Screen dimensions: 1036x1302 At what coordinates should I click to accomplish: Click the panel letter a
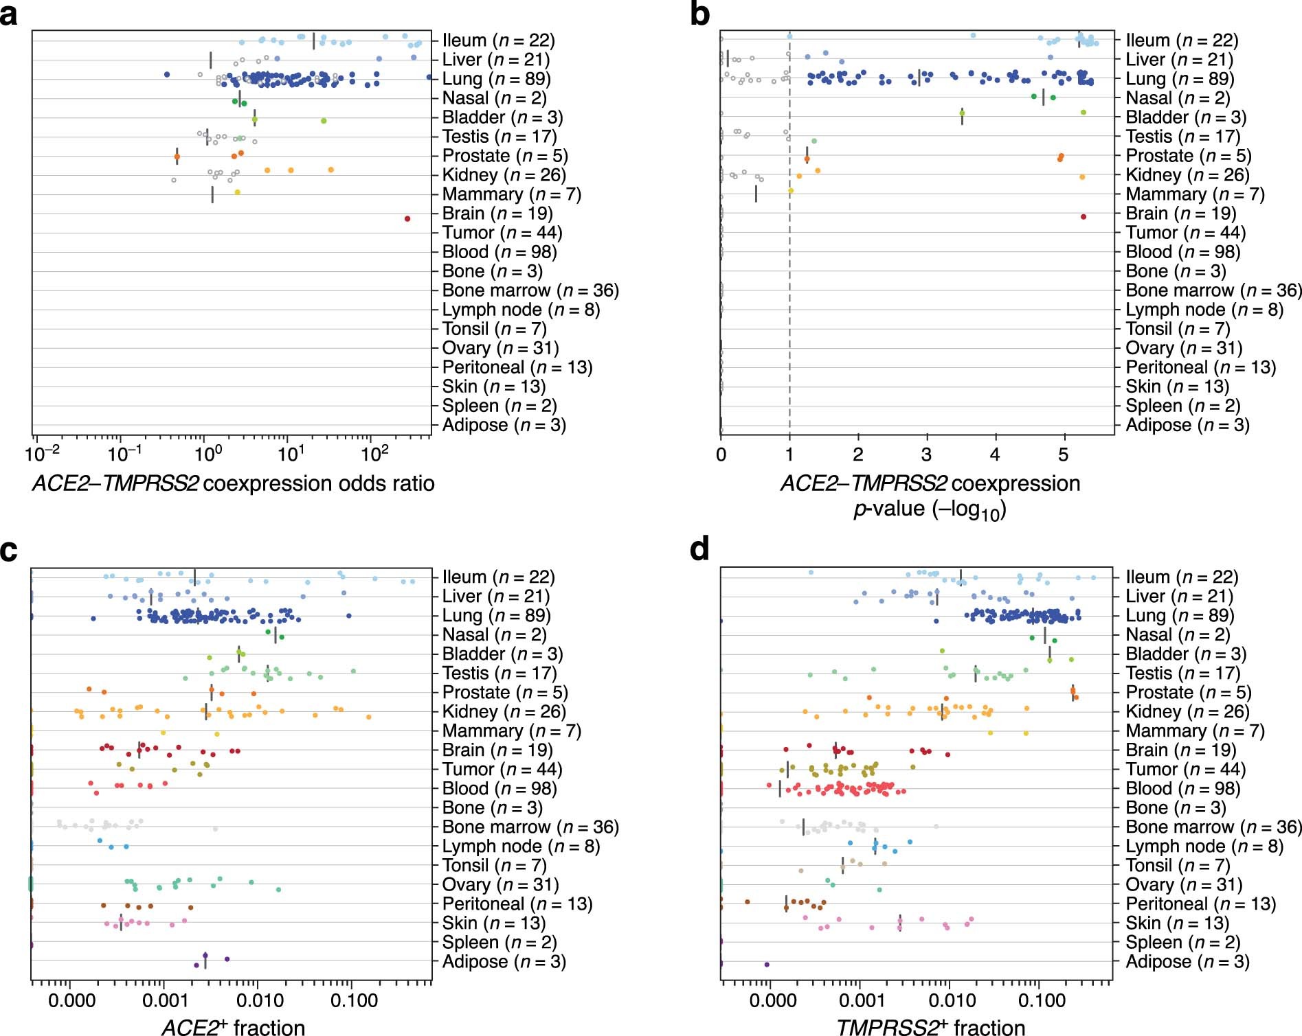pyautogui.click(x=10, y=15)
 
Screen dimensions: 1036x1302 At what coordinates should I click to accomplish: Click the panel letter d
pyautogui.click(x=699, y=550)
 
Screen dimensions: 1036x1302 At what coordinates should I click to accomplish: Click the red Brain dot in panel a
pyautogui.click(x=407, y=219)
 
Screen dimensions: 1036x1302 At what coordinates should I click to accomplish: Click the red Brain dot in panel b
pyautogui.click(x=1084, y=217)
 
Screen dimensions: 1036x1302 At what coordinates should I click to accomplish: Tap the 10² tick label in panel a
pyautogui.click(x=374, y=454)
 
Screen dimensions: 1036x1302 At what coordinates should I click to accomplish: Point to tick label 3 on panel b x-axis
pyautogui.click(x=926, y=454)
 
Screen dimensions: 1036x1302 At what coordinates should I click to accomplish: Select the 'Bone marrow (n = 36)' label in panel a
pyautogui.click(x=530, y=290)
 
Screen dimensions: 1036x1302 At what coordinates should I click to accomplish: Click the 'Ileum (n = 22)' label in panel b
pyautogui.click(x=1182, y=41)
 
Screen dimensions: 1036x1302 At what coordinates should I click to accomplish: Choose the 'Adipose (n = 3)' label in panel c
pyautogui.click(x=504, y=962)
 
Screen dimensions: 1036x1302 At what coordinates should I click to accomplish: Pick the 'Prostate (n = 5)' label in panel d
pyautogui.click(x=1188, y=693)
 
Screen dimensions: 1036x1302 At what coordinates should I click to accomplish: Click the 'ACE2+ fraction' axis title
pyautogui.click(x=234, y=1026)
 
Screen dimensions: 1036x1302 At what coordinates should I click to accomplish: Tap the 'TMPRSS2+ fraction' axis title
pyautogui.click(x=930, y=1026)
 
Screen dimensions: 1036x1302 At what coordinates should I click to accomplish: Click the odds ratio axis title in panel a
pyautogui.click(x=234, y=484)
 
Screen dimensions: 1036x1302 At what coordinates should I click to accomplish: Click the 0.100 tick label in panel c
pyautogui.click(x=354, y=1000)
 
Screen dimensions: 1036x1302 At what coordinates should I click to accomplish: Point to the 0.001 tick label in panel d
pyautogui.click(x=861, y=1000)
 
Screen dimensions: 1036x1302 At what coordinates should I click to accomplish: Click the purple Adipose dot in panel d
pyautogui.click(x=767, y=965)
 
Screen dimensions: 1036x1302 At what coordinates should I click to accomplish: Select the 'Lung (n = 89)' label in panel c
pyautogui.click(x=496, y=616)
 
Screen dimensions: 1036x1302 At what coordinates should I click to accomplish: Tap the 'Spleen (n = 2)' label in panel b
pyautogui.click(x=1182, y=406)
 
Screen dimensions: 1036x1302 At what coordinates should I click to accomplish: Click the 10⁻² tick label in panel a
pyautogui.click(x=42, y=454)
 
